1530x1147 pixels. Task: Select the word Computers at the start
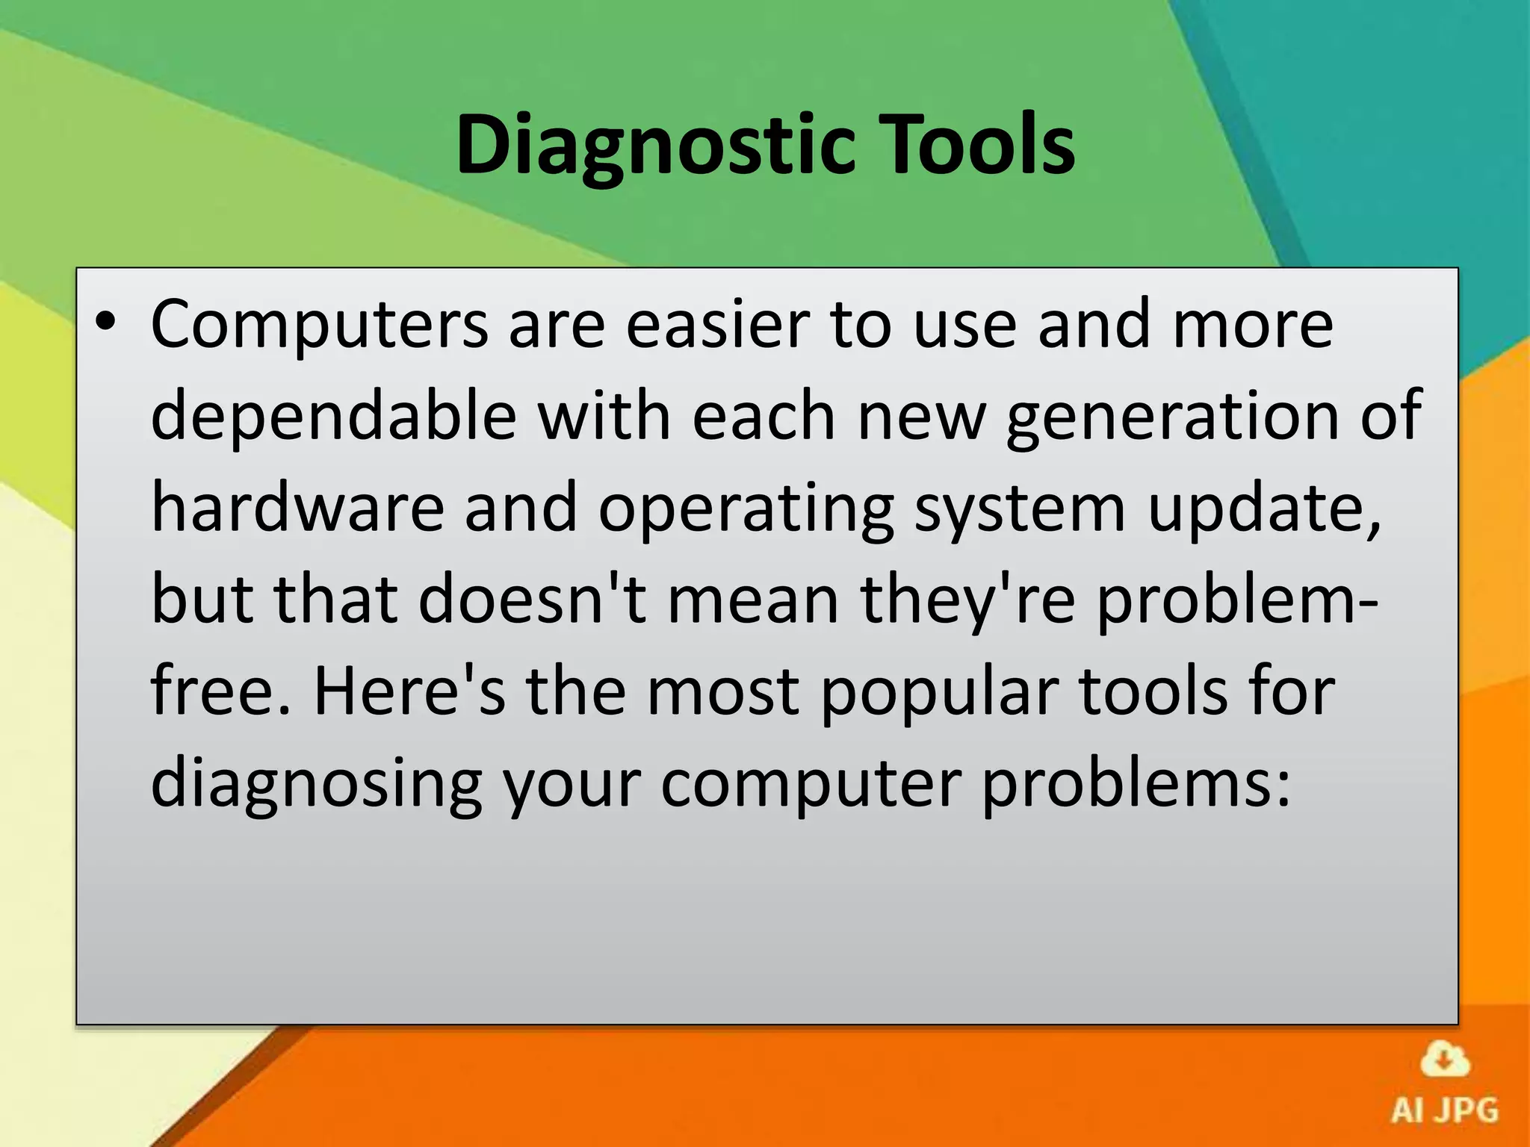(319, 326)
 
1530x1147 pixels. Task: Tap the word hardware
(297, 508)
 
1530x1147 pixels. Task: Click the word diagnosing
(316, 786)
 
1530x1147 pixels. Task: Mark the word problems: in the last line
(1136, 786)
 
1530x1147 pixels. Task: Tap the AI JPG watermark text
(1445, 1110)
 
